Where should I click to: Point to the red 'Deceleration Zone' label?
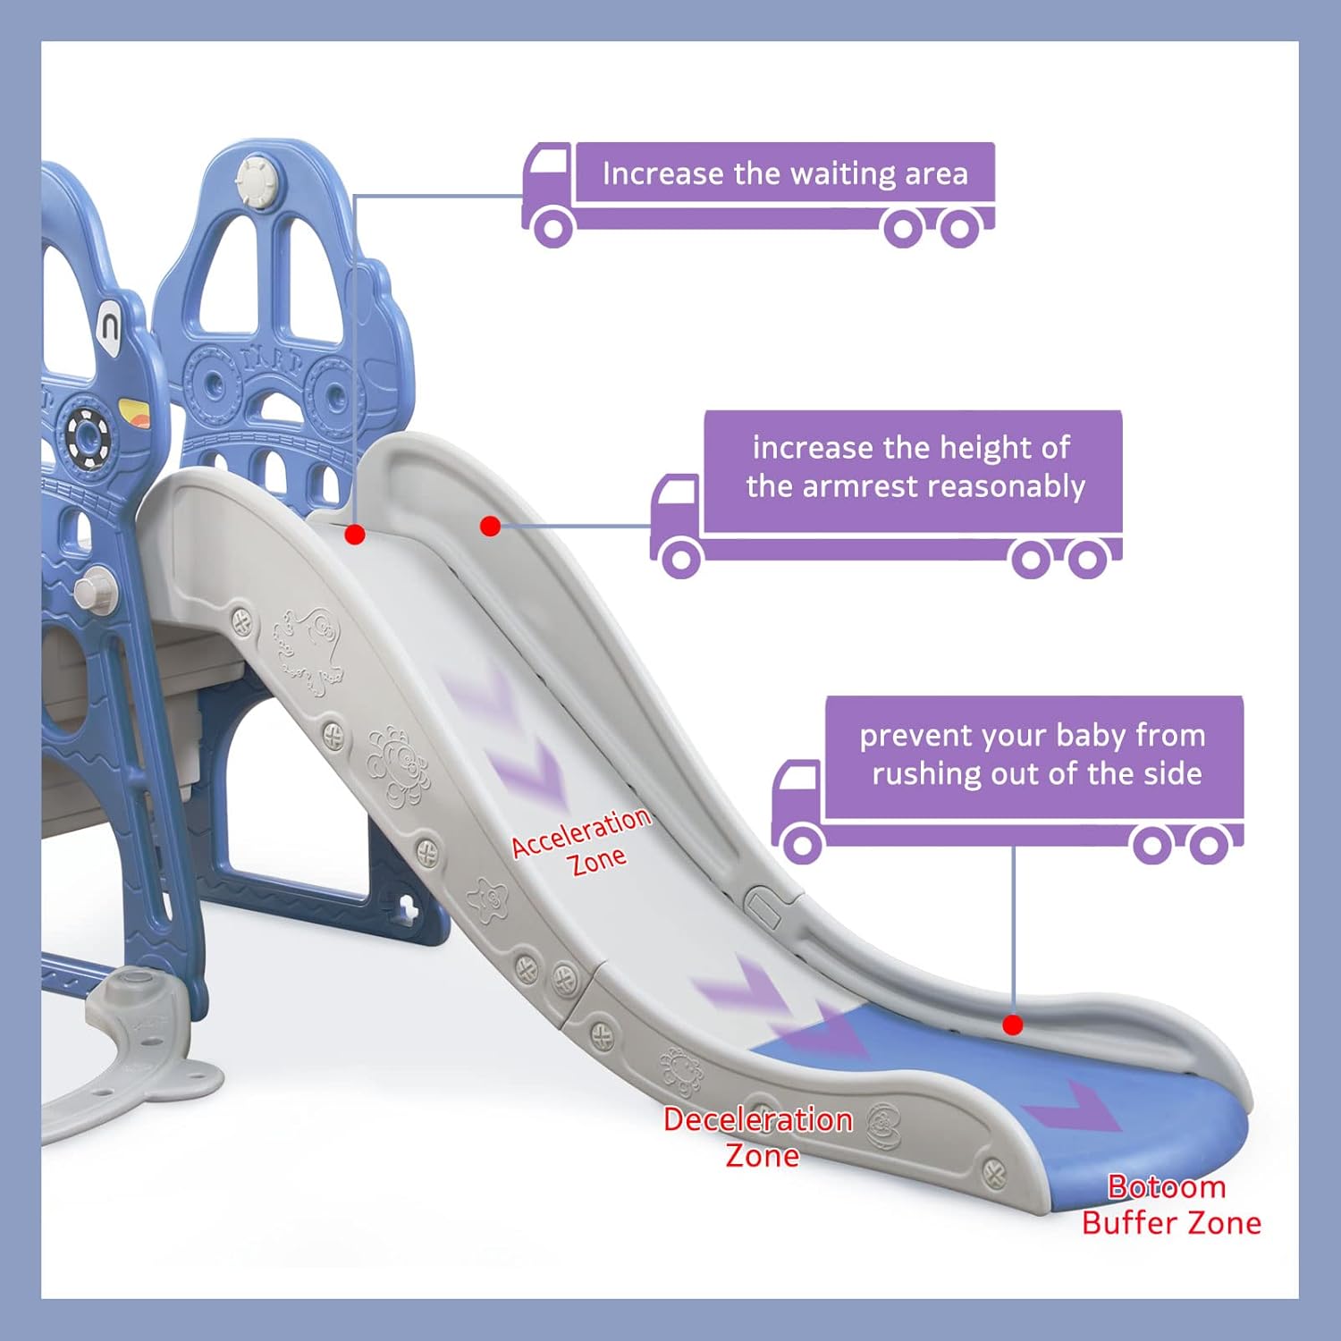758,1137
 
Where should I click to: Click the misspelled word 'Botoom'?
1167,1187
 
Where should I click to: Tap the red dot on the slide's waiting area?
355,535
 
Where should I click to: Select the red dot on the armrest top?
490,527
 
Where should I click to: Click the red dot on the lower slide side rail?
1013,1025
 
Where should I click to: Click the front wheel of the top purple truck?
553,227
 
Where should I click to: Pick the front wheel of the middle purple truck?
680,559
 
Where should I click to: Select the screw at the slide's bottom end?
993,1171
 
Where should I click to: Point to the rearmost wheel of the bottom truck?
1209,845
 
